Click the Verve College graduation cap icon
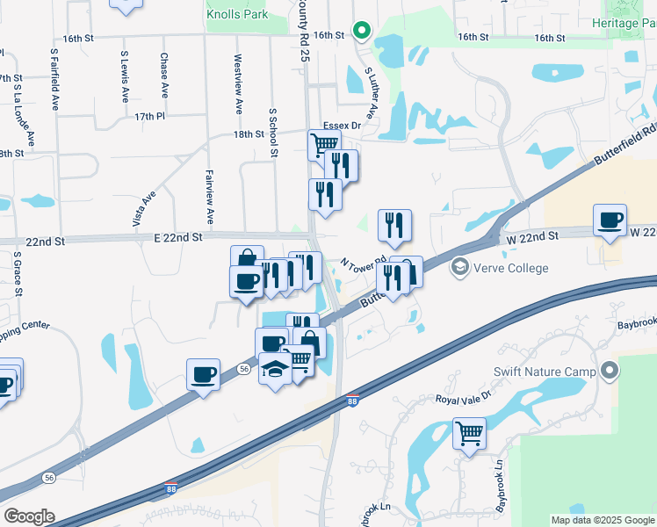pos(459,266)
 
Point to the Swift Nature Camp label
pos(545,372)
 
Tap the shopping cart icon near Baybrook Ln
pos(469,433)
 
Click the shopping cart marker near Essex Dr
pos(324,144)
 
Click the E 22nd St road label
pos(178,237)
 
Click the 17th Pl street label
pos(150,116)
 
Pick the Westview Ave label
pos(237,84)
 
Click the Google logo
pos(30,516)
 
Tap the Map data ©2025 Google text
pos(602,520)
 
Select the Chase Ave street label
pos(164,75)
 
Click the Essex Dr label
pos(342,126)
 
